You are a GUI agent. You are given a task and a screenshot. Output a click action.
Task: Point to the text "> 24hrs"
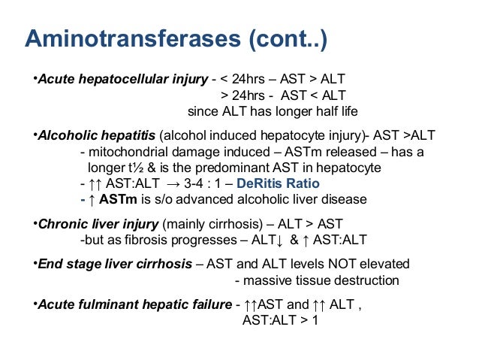pos(243,95)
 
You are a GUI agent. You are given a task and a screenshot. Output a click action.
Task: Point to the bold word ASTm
pos(115,200)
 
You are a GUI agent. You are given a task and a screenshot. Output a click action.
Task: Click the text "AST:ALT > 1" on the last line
pos(280,319)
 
